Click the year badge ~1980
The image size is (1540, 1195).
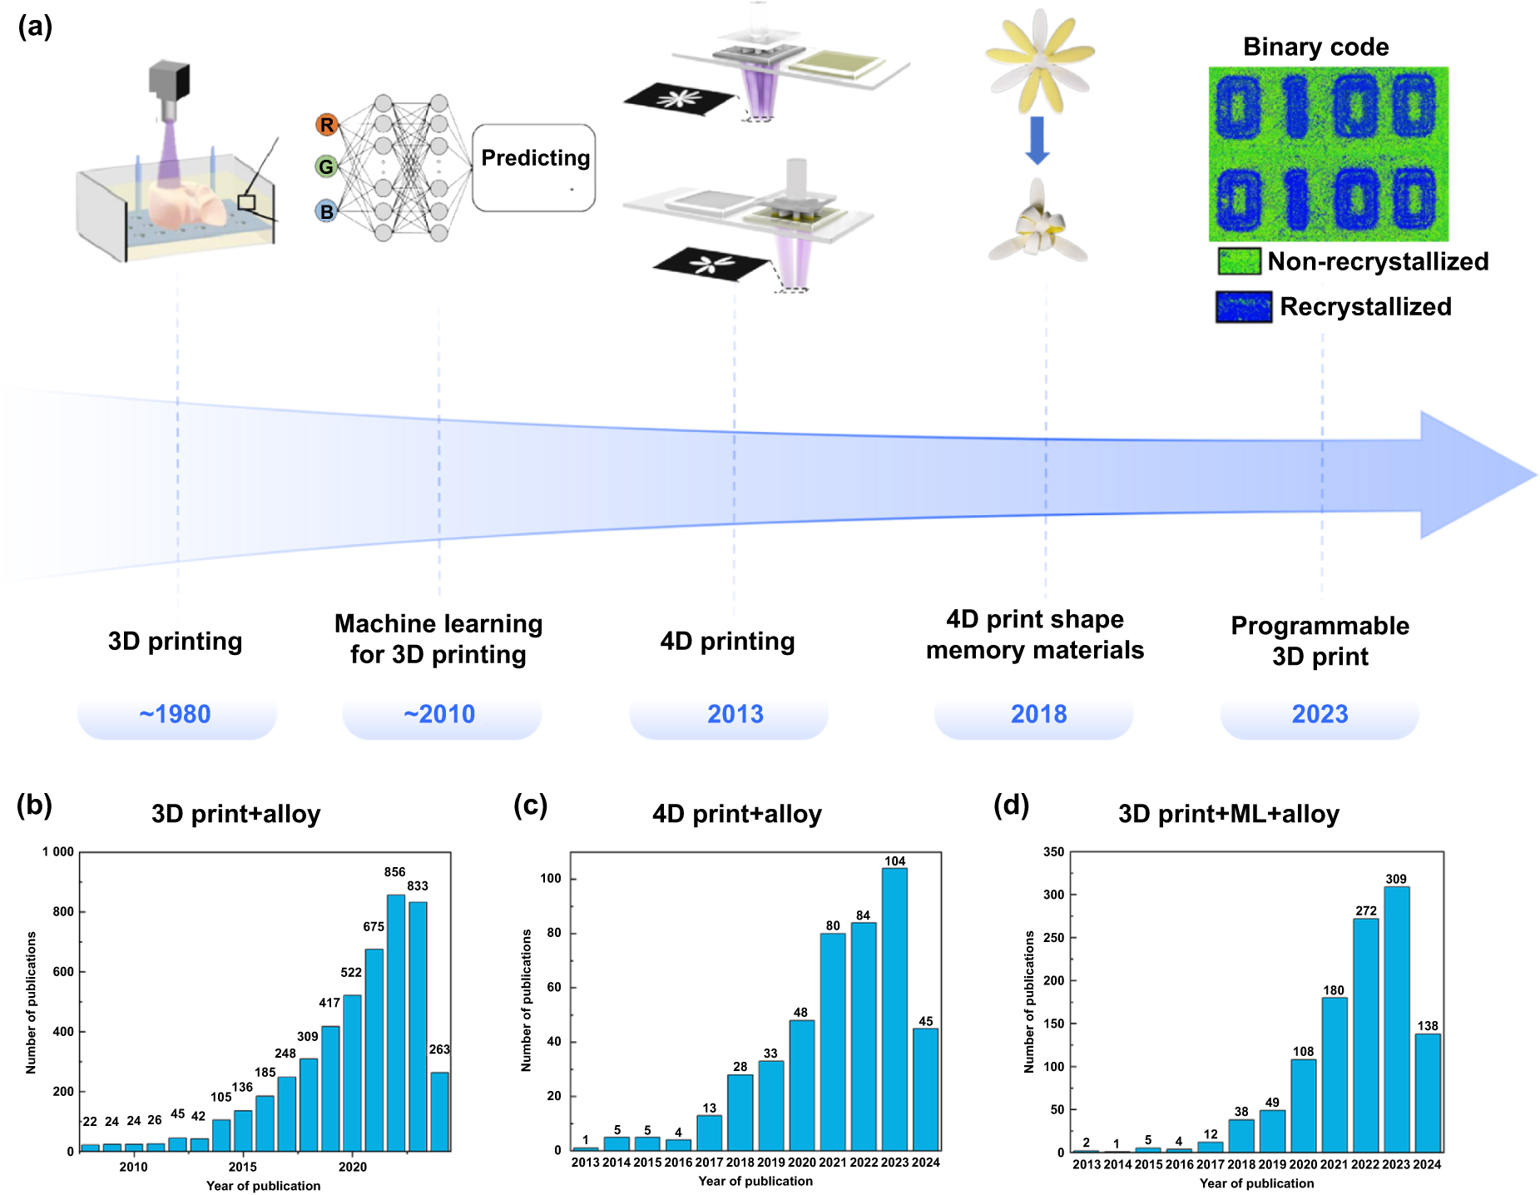point(176,714)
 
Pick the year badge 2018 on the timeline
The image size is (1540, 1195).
point(1038,714)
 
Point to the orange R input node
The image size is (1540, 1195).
point(326,125)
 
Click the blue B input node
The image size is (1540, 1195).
point(326,211)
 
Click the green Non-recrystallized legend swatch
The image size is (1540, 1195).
point(1239,261)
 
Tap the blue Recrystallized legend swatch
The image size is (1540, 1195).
point(1243,307)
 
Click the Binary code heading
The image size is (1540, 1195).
point(1315,47)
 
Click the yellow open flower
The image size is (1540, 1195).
point(1039,58)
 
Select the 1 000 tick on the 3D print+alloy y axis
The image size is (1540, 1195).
point(58,852)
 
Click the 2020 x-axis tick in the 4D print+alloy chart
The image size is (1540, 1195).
point(801,1163)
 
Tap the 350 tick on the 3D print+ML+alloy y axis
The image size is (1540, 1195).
point(1053,852)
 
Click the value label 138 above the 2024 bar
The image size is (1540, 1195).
point(1428,1026)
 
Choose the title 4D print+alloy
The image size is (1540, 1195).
point(736,814)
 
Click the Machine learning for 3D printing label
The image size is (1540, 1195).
point(438,639)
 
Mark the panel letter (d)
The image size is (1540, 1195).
point(1011,805)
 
